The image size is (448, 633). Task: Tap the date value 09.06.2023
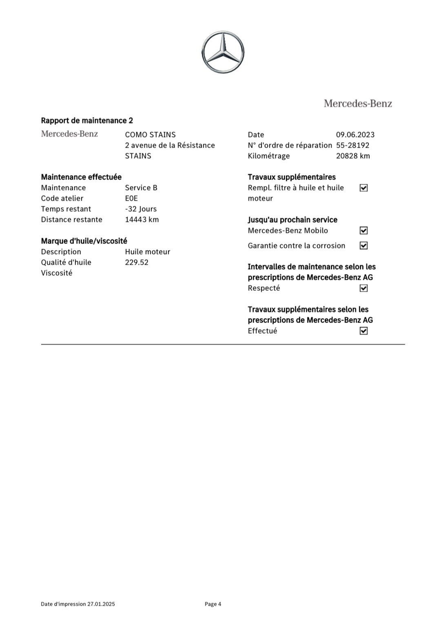pos(355,135)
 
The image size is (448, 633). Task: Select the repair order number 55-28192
pos(353,145)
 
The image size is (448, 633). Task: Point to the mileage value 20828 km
pos(353,156)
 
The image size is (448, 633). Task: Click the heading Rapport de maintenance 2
pos(87,120)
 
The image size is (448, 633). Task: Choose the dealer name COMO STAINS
pos(150,135)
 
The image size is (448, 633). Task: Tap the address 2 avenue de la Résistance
pos(170,145)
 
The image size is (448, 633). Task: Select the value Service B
pos(141,188)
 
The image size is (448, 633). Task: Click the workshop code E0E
pos(131,198)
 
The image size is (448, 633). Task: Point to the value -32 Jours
pos(141,209)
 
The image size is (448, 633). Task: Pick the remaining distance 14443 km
pos(142,219)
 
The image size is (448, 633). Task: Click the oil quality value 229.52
pos(137,262)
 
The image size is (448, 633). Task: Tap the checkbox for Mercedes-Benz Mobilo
pos(364,231)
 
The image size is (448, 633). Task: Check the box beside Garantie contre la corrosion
pos(364,246)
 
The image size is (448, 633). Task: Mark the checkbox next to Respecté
pos(364,288)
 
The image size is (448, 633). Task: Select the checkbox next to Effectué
pos(364,331)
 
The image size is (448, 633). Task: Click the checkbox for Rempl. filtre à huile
pos(364,188)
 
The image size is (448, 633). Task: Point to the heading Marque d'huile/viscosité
pos(84,241)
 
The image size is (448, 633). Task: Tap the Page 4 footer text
pos(213,604)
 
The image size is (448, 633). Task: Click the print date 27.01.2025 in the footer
pos(101,604)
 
